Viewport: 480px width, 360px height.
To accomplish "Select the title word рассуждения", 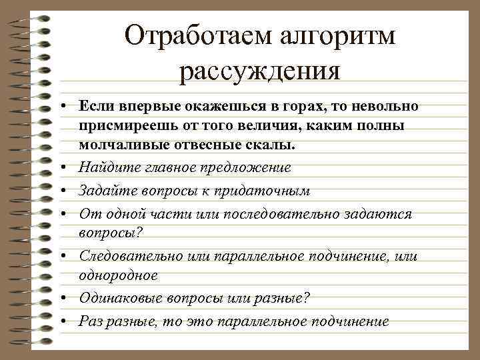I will [260, 70].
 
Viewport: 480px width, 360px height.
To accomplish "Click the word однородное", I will [118, 275].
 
